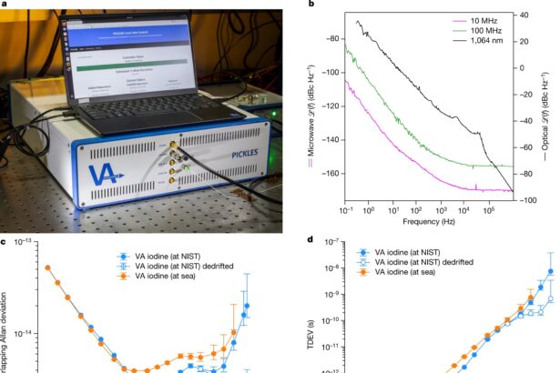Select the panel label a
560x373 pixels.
coord(5,5)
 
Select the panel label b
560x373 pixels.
coord(312,5)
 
